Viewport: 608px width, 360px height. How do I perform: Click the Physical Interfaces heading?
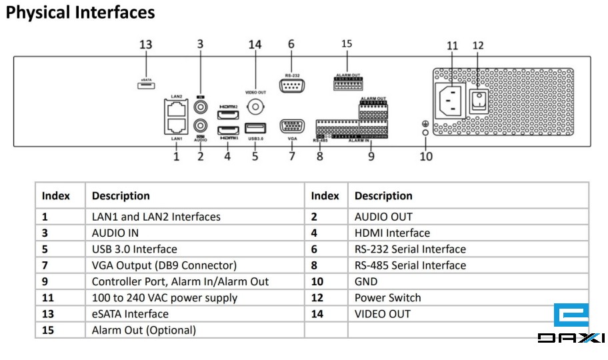[x=80, y=13]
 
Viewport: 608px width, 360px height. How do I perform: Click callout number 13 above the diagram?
[x=145, y=45]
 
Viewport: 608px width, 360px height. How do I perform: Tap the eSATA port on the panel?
[x=144, y=85]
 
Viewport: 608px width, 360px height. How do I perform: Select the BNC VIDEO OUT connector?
[x=255, y=107]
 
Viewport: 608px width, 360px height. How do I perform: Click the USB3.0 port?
[x=255, y=127]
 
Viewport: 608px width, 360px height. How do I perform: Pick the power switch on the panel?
[x=478, y=100]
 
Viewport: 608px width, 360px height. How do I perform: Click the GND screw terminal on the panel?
[x=425, y=133]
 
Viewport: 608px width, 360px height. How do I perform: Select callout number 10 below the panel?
[x=425, y=156]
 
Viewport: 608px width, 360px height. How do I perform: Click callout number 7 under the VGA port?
[x=291, y=157]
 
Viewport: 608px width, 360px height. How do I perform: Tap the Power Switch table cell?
[x=387, y=297]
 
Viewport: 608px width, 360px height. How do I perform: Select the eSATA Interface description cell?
[x=130, y=313]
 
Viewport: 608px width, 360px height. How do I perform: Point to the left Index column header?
[x=56, y=196]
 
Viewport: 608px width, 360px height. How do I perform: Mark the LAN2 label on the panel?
[x=176, y=97]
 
